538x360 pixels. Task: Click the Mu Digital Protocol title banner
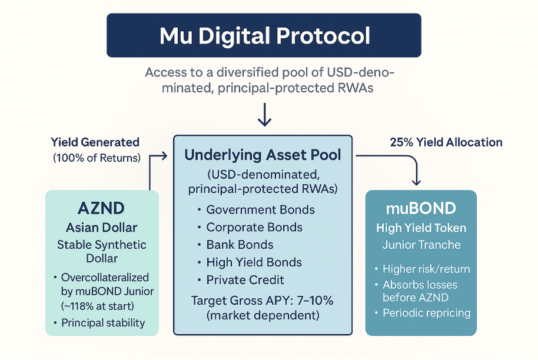pos(264,36)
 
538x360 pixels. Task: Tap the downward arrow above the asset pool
pos(264,115)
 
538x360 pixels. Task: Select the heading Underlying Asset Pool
pos(263,156)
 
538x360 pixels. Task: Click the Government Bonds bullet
pos(260,210)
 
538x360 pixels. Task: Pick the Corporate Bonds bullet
pos(254,228)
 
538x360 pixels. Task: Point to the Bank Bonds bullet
pos(240,245)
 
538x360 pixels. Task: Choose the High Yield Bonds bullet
pos(254,262)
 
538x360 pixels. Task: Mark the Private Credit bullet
pos(244,280)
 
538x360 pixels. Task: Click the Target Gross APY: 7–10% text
pos(263,301)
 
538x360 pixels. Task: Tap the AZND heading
pos(101,209)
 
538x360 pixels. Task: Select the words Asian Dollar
pos(101,228)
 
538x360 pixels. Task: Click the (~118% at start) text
pos(98,305)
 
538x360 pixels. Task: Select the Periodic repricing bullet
pos(426,312)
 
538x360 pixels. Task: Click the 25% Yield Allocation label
pos(446,142)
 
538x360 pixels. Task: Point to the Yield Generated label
pos(95,142)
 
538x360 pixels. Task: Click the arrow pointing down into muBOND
pos(417,176)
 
